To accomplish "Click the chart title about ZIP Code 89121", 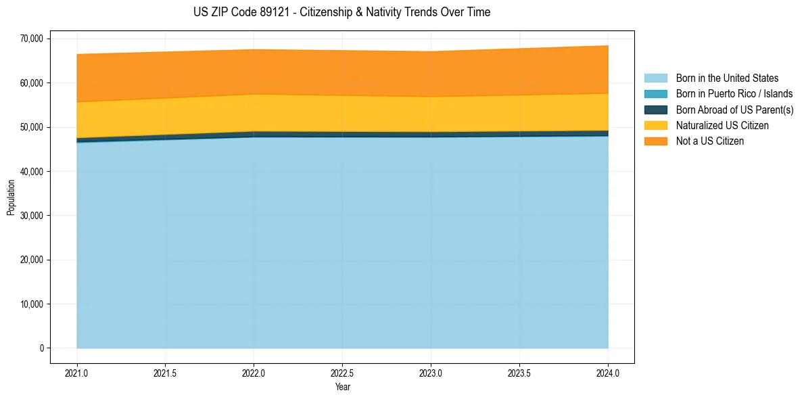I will (341, 12).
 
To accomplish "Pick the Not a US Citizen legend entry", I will (709, 141).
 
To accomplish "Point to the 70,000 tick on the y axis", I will (32, 39).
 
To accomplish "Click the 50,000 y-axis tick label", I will (32, 127).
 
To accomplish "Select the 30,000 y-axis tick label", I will (32, 216).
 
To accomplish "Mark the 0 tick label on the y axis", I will (41, 348).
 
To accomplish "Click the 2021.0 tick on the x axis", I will (77, 373).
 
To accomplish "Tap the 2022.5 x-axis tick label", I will (342, 373).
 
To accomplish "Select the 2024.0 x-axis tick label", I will (608, 373).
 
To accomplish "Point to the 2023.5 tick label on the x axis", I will (519, 373).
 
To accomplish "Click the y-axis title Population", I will (11, 197).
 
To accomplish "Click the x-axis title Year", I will (342, 387).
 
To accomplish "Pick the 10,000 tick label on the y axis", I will (32, 304).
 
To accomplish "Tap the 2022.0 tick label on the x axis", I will (254, 373).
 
